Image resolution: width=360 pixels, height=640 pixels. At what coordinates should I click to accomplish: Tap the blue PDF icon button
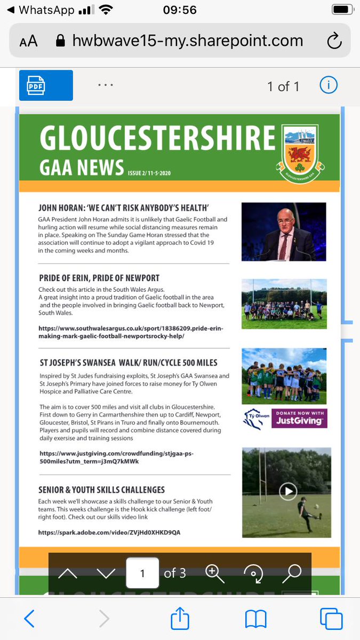(x=46, y=85)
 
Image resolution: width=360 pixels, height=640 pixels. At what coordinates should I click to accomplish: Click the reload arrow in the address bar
(x=334, y=41)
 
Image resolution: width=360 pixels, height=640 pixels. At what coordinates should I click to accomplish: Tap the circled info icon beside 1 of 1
(x=328, y=85)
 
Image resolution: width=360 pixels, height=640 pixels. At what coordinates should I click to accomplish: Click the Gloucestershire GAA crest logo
(x=305, y=151)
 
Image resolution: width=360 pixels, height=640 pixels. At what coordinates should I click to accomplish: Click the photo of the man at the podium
(x=283, y=231)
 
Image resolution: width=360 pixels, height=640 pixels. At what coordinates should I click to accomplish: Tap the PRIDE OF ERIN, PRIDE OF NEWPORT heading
(x=99, y=278)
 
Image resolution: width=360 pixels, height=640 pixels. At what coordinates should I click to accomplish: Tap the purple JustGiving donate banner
(x=299, y=419)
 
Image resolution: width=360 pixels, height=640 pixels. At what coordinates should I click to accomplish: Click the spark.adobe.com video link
(x=109, y=532)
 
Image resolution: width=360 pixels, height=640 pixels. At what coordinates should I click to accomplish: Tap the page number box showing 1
(x=142, y=573)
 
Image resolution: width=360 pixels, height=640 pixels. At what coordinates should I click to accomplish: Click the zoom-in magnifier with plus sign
(x=214, y=573)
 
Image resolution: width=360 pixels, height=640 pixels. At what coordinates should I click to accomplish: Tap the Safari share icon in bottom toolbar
(x=180, y=619)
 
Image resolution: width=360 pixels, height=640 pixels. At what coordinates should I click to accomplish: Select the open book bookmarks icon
(x=255, y=619)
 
